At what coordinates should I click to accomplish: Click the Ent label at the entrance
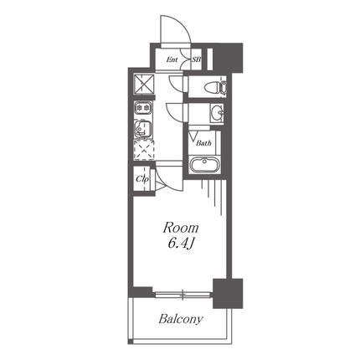click(172, 59)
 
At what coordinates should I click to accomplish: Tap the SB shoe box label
click(197, 59)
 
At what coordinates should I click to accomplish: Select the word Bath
click(203, 143)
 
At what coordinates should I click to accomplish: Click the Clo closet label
click(141, 179)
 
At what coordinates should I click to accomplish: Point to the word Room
click(181, 228)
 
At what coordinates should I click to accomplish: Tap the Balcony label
click(181, 319)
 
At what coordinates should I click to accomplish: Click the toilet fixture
click(215, 87)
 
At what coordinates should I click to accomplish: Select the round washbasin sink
click(217, 113)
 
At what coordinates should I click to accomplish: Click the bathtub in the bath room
click(204, 164)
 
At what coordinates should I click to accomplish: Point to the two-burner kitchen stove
click(143, 108)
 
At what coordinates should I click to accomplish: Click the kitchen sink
click(143, 129)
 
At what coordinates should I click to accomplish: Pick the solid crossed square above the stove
click(144, 84)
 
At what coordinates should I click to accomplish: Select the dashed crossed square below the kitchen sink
click(144, 150)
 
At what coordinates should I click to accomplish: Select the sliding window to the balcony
click(183, 295)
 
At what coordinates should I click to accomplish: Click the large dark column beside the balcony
click(228, 293)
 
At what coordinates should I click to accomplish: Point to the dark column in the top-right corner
click(229, 58)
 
